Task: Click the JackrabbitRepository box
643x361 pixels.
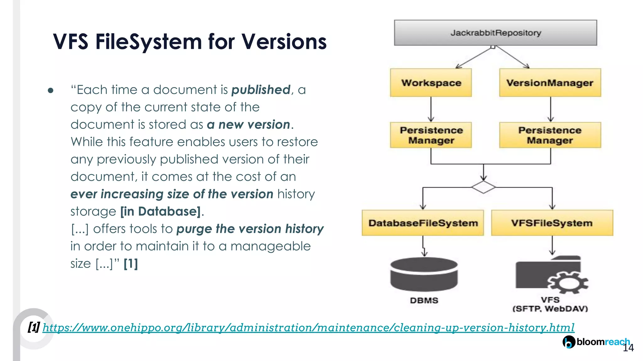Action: (495, 33)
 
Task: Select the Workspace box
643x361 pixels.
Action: (431, 83)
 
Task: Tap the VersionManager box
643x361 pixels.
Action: (550, 83)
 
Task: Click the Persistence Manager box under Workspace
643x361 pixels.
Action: (431, 135)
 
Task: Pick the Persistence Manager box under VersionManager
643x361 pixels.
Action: (550, 135)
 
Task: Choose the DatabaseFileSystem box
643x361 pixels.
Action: (423, 223)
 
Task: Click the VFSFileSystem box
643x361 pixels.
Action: (552, 223)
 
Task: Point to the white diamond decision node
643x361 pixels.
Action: (483, 187)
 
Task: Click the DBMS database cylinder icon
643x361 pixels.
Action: (424, 274)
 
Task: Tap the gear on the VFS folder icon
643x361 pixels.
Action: (568, 282)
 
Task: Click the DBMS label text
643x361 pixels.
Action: (424, 300)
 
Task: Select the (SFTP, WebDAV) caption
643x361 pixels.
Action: (550, 309)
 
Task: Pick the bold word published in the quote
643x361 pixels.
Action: (261, 90)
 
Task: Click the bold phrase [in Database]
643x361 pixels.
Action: (160, 212)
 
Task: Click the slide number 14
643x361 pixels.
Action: (628, 348)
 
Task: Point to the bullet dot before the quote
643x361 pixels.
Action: (51, 91)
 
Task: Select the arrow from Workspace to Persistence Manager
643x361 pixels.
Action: (431, 109)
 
